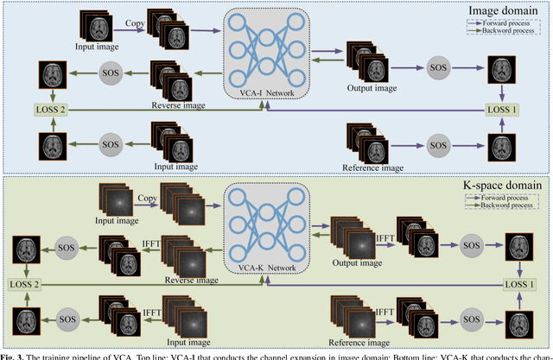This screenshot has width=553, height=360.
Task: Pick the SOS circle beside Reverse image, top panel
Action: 111,70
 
